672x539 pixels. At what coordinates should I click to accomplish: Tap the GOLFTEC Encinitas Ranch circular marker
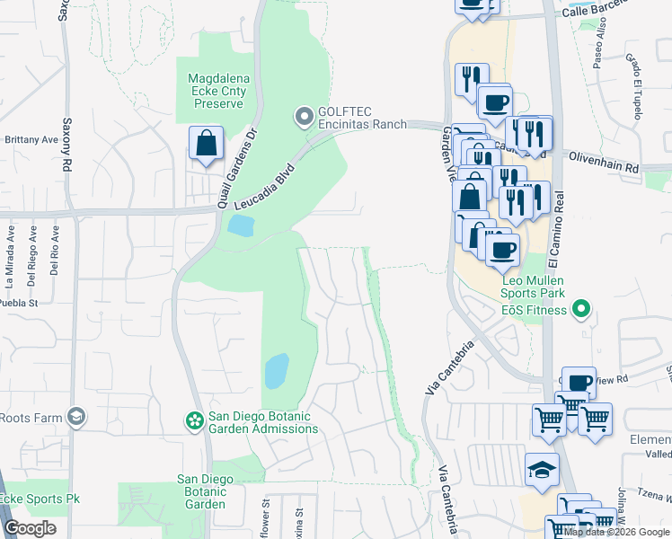[305, 116]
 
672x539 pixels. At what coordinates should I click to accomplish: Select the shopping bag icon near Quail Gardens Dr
[206, 143]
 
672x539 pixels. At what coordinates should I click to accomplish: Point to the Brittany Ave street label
[31, 140]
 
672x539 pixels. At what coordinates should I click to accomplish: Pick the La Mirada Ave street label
[11, 254]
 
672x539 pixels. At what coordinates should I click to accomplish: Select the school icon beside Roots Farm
[78, 417]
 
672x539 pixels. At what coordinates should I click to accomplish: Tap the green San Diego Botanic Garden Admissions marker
[193, 420]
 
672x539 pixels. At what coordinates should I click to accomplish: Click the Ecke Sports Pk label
[32, 499]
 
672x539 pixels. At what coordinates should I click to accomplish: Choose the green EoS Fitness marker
[581, 311]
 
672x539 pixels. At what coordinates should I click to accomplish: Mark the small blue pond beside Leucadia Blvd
[240, 225]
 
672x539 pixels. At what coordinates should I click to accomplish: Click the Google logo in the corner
[31, 527]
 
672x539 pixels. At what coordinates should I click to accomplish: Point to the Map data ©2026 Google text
[616, 532]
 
